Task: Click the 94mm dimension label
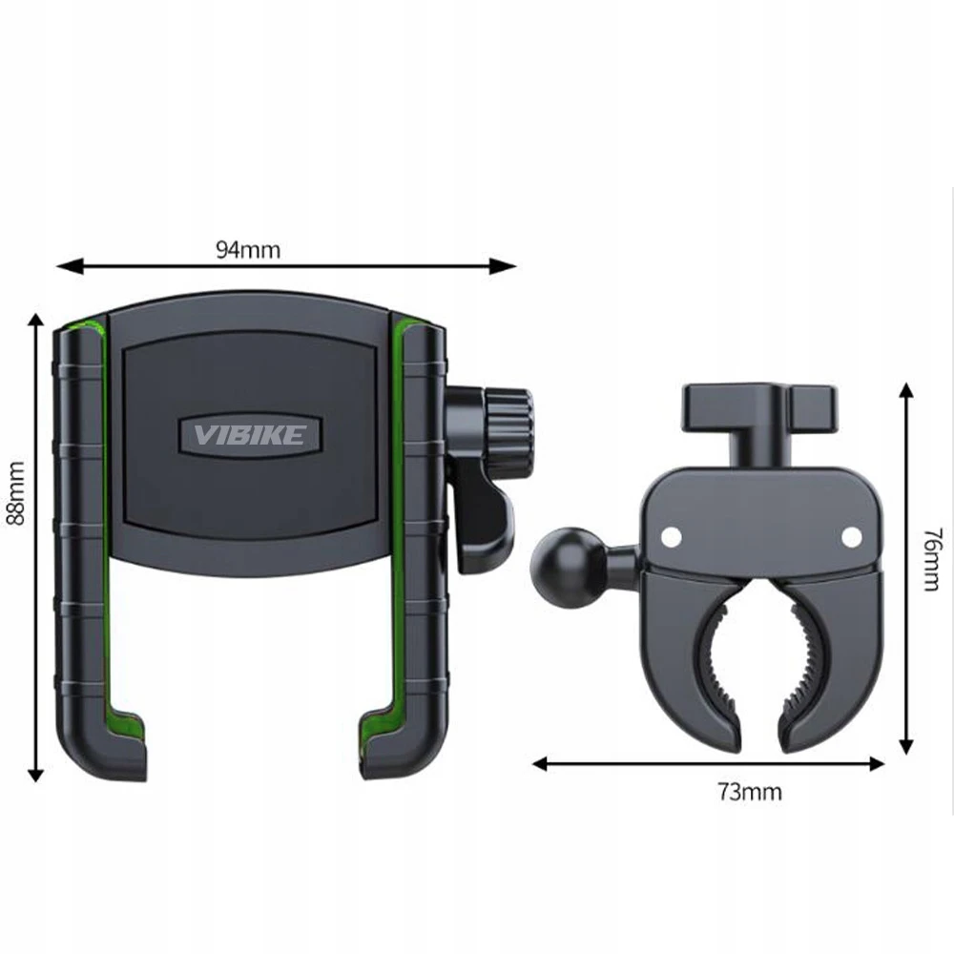coord(248,249)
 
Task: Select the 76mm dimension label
coord(931,560)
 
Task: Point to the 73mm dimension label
coord(750,792)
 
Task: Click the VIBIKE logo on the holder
coord(249,434)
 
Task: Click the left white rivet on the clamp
coord(671,536)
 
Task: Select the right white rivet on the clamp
coord(851,536)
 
